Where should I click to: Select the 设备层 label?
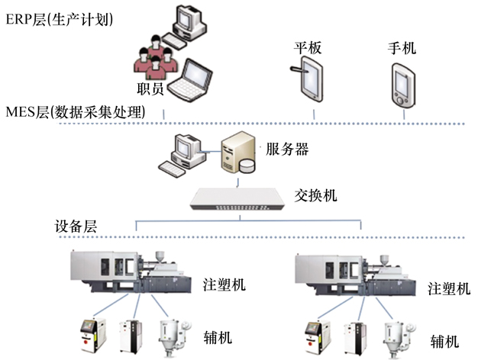pyautogui.click(x=76, y=227)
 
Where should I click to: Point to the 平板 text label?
pyautogui.click(x=308, y=48)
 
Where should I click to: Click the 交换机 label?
pyautogui.click(x=316, y=195)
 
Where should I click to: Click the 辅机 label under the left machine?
pyautogui.click(x=219, y=336)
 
